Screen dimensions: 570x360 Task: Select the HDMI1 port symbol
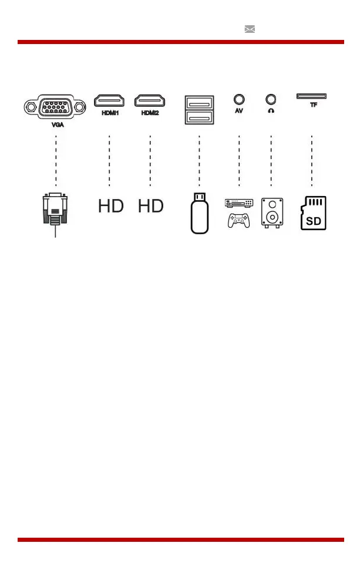[x=109, y=102]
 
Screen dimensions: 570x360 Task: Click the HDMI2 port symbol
[x=149, y=102]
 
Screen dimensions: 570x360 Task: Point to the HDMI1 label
[x=109, y=113]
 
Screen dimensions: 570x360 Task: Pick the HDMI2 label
[x=150, y=113]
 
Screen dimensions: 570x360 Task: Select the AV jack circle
[x=239, y=100]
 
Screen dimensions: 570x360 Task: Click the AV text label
[x=239, y=110]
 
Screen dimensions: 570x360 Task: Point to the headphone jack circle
[x=271, y=100]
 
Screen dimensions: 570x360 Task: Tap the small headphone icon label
[x=271, y=110]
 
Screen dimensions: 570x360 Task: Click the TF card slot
[x=311, y=96]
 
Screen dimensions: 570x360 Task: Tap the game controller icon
[x=239, y=220]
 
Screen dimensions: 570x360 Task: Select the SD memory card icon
[x=313, y=214]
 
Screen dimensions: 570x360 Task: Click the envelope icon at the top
[x=250, y=29]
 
